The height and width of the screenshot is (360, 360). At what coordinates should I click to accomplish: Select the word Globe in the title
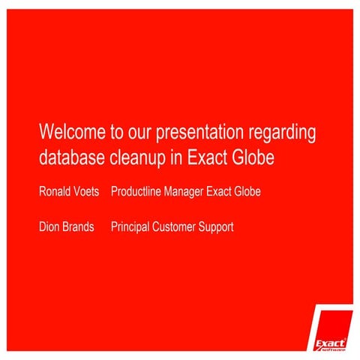point(257,158)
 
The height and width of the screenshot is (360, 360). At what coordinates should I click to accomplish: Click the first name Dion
point(49,226)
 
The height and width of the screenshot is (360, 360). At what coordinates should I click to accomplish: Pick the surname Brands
point(79,226)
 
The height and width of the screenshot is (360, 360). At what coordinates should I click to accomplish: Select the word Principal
point(131,226)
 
